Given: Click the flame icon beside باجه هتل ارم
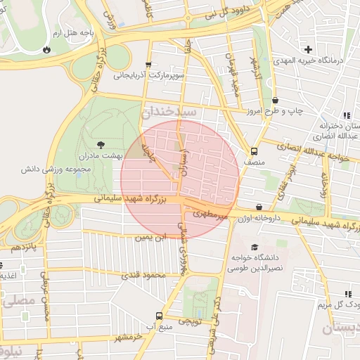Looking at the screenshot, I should (46, 51).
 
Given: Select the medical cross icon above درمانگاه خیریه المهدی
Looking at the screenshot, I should (308, 49).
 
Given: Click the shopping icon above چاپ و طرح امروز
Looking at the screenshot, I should (275, 101).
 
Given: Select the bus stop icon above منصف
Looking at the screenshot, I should (253, 150).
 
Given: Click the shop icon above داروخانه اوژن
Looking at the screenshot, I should (260, 207).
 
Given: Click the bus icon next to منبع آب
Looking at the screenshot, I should (158, 316).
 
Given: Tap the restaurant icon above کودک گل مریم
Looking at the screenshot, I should (347, 294).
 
